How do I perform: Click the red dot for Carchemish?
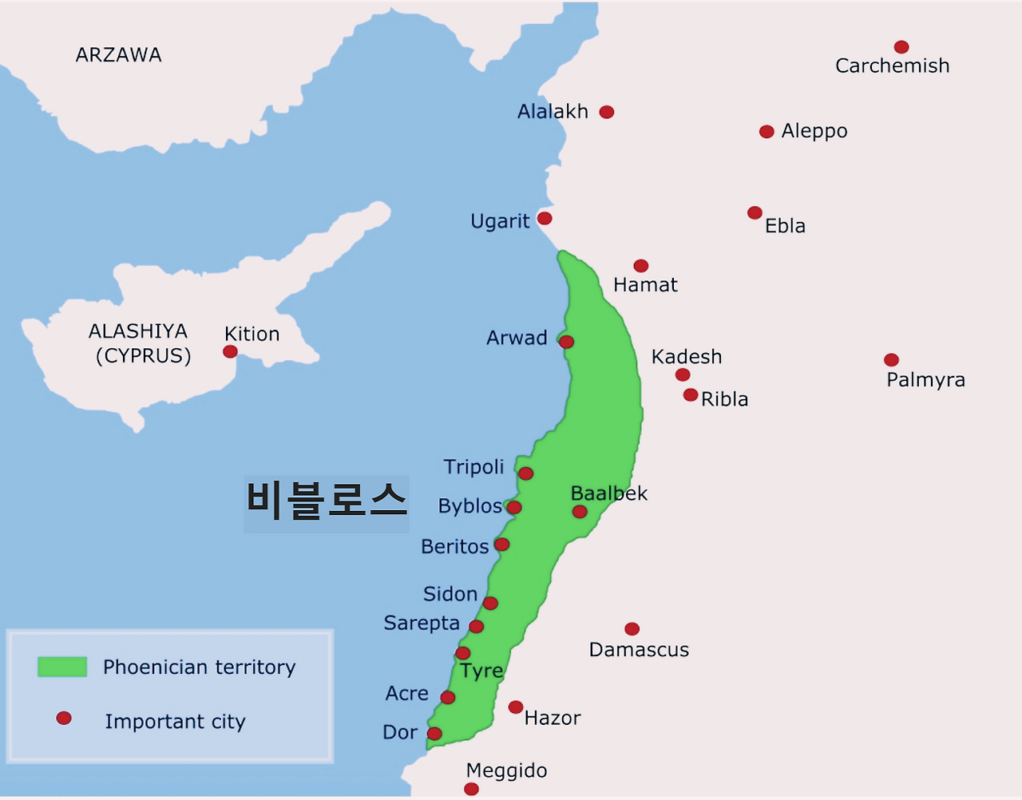(901, 47)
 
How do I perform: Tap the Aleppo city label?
(814, 131)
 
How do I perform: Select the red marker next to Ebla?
(755, 212)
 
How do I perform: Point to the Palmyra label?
(925, 380)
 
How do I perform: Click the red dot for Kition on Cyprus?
(230, 351)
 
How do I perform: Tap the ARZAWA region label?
(118, 55)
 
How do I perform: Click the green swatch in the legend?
(62, 667)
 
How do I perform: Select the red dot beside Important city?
(64, 719)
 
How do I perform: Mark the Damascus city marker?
(632, 629)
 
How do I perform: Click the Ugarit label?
(500, 221)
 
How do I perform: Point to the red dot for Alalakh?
(607, 112)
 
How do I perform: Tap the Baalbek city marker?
(580, 512)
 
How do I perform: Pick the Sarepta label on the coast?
(422, 624)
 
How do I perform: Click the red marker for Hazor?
(516, 707)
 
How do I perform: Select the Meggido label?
(506, 770)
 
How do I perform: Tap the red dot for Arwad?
(567, 342)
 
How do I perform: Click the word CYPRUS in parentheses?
(144, 356)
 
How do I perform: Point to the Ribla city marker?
(691, 395)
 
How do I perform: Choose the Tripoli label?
(473, 467)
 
